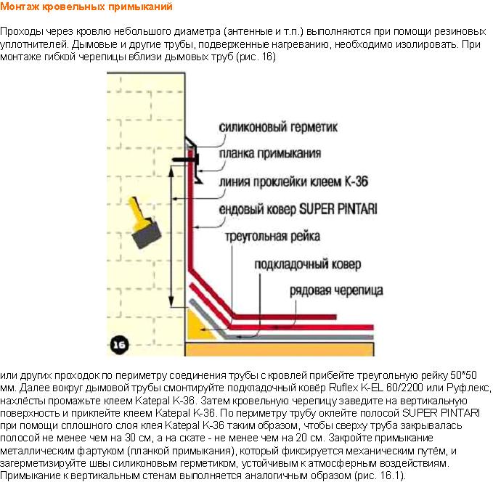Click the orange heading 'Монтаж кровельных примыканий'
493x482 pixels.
86,7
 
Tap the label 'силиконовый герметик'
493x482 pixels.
278,127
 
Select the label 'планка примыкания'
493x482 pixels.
270,153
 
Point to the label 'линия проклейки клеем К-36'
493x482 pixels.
293,181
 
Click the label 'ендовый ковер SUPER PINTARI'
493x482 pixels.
298,209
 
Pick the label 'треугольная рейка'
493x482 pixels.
272,236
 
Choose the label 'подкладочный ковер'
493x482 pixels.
308,264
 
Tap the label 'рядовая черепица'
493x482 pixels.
336,290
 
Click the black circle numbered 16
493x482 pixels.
119,345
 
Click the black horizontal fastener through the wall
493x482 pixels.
185,160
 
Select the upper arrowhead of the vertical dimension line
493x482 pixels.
171,171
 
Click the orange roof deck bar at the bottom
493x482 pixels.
280,349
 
